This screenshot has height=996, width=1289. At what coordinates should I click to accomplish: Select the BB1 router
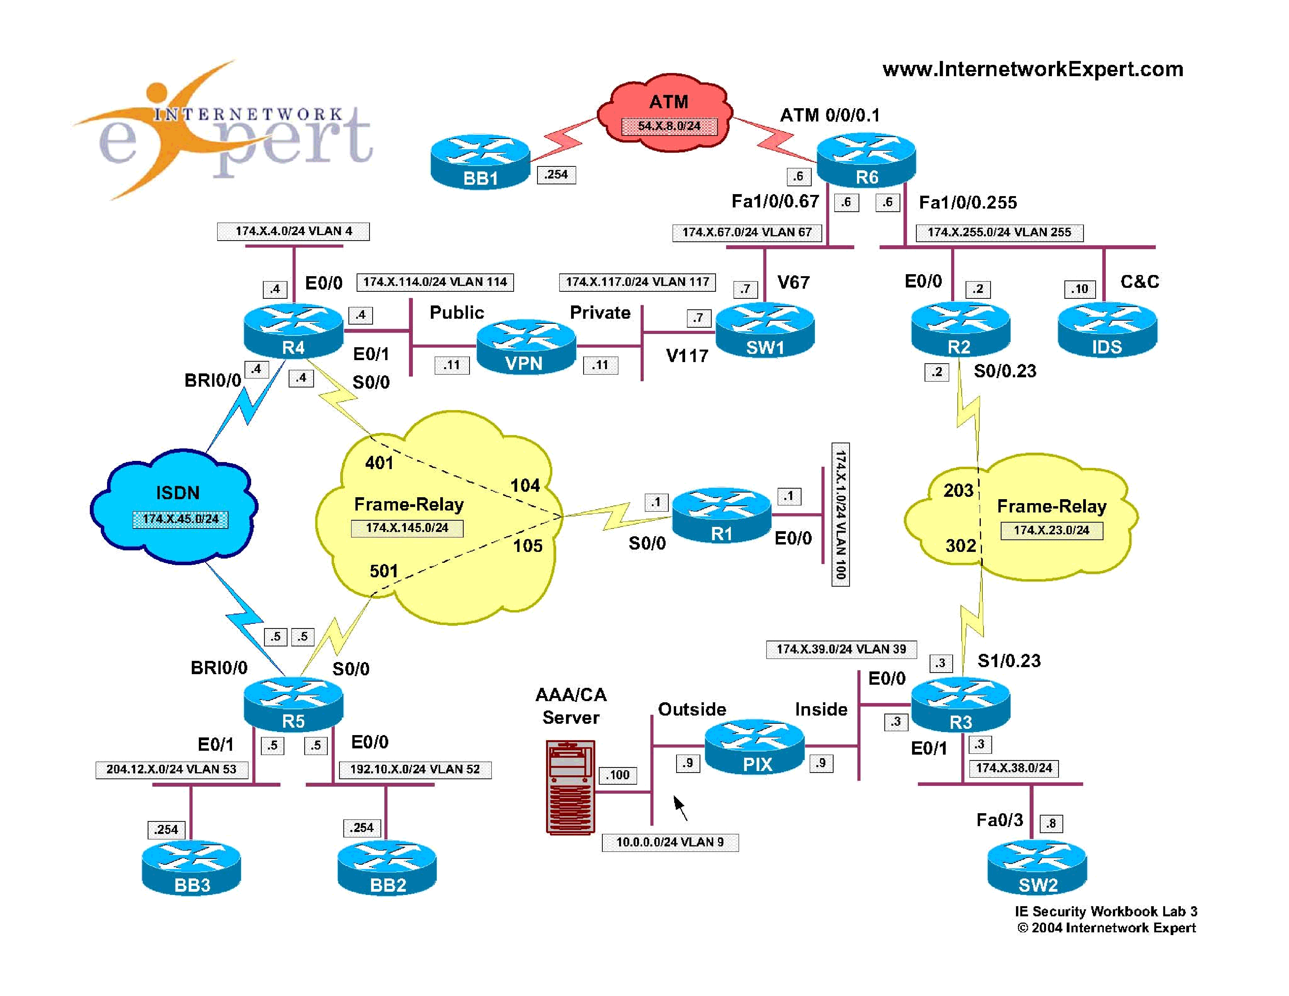click(480, 162)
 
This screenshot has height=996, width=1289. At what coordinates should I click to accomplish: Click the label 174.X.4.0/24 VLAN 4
click(293, 231)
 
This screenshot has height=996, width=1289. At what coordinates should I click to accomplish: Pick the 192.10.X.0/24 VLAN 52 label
click(415, 769)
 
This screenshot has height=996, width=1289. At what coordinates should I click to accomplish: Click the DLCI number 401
click(379, 462)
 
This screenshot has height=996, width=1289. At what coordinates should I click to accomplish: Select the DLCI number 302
click(960, 545)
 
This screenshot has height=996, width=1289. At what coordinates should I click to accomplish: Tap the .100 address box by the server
click(617, 775)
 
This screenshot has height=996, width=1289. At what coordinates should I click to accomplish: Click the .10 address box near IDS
click(1080, 289)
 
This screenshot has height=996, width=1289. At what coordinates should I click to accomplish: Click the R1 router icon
click(721, 515)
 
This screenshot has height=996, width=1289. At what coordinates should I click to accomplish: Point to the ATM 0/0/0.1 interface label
click(829, 115)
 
